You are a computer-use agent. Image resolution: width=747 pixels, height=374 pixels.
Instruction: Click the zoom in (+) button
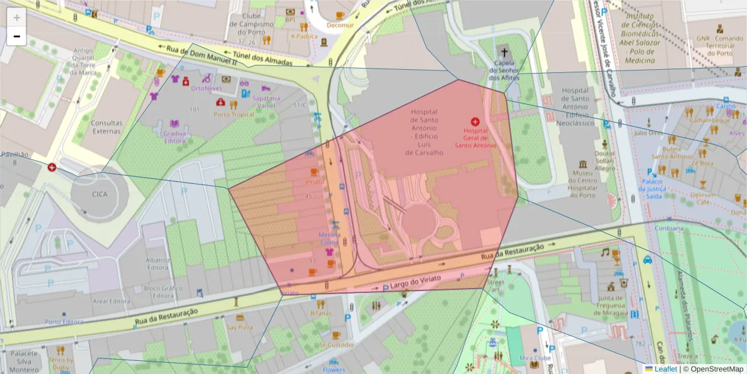pos(17,18)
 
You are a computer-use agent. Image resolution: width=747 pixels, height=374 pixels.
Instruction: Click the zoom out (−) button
pos(17,36)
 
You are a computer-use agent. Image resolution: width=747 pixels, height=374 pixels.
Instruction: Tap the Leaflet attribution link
pos(665,369)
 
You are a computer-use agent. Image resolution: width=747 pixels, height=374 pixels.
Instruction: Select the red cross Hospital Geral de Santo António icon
pos(475,122)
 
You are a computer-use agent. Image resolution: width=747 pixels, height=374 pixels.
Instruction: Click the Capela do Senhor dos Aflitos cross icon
pos(504,53)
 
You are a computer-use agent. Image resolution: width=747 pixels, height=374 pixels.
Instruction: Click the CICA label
pos(100,194)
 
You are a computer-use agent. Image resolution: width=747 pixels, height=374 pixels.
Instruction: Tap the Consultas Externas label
pos(106,127)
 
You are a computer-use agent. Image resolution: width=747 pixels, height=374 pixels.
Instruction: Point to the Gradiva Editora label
pos(174,137)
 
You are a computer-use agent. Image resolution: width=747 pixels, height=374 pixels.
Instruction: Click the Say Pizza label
pos(239,327)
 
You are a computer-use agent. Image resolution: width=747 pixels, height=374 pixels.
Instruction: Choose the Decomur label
pos(341,26)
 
